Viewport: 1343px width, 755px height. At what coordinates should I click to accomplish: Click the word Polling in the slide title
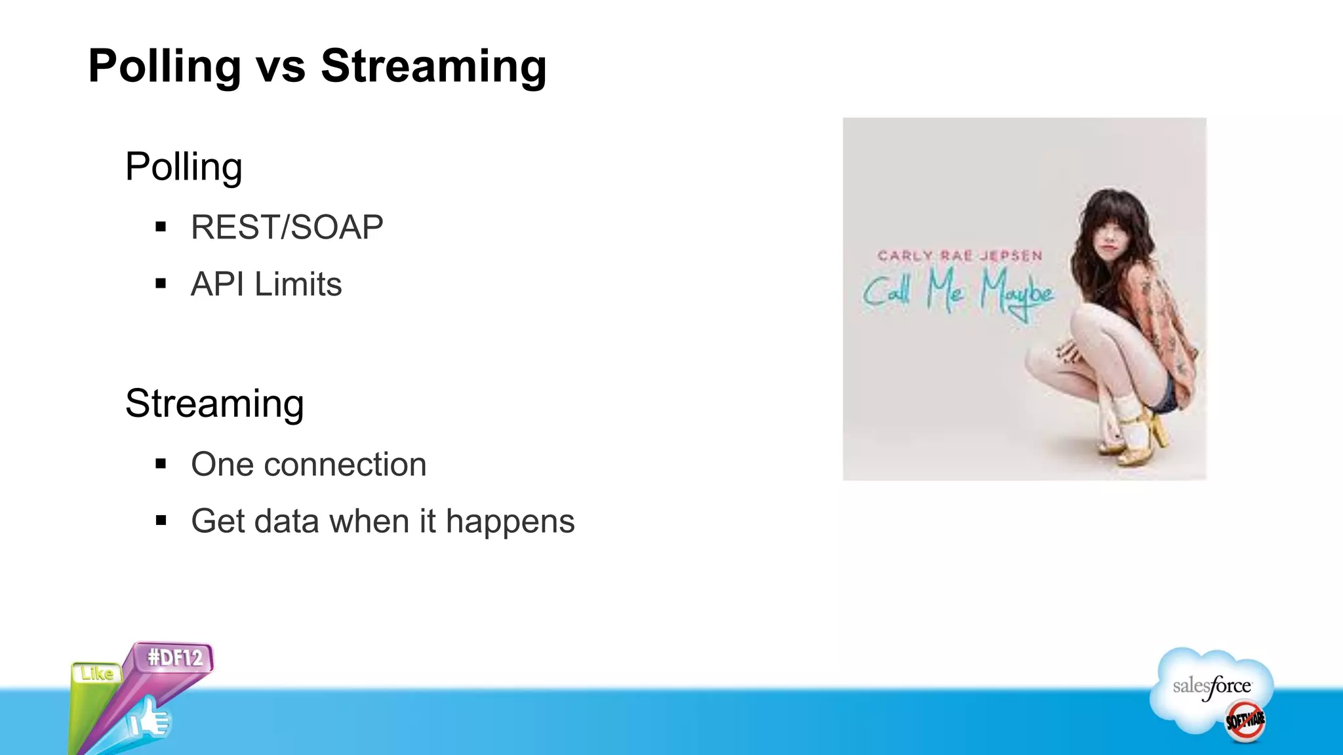click(165, 66)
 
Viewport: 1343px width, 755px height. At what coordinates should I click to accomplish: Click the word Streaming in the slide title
click(433, 66)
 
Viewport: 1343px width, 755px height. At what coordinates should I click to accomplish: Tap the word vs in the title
click(281, 68)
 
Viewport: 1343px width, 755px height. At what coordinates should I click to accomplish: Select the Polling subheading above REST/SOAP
click(184, 167)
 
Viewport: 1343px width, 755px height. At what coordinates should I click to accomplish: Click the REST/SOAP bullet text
click(287, 227)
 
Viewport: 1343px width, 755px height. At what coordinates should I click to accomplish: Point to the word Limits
click(298, 284)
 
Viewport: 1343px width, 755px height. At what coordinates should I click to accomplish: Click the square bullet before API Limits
click(161, 284)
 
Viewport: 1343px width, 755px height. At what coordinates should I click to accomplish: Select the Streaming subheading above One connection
click(214, 404)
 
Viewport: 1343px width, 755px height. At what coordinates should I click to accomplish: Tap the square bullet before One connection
click(161, 464)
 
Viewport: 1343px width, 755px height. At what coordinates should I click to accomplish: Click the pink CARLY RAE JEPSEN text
click(959, 256)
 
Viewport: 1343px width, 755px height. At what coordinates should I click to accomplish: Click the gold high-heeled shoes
click(1134, 439)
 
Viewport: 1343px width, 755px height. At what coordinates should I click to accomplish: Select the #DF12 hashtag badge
click(174, 657)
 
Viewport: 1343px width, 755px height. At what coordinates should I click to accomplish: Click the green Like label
click(96, 674)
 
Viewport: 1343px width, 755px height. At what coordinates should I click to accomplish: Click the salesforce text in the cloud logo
click(1211, 687)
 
